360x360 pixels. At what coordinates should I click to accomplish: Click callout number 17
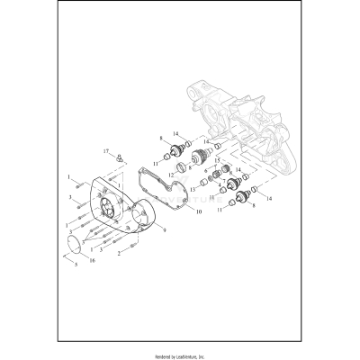point(105,150)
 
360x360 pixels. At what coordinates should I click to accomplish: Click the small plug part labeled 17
point(117,157)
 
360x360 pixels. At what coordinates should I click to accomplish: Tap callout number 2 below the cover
point(119,254)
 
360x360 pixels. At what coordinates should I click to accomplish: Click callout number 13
point(192,191)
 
